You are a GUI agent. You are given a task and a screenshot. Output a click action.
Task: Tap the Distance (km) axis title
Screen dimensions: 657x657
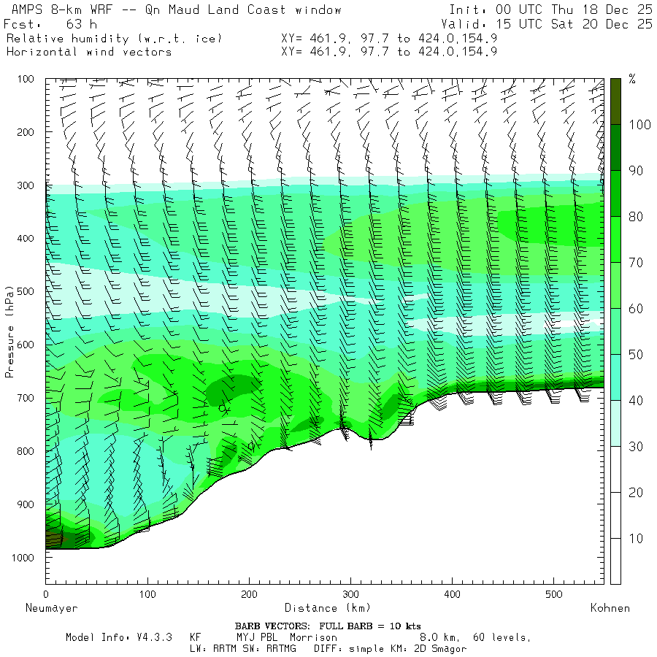[328, 607]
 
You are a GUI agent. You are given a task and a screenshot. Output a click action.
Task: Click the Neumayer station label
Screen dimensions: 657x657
[51, 607]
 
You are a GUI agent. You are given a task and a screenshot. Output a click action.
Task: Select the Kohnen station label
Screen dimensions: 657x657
[610, 607]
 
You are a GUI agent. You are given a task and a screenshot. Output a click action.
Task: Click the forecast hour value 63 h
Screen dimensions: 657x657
[76, 24]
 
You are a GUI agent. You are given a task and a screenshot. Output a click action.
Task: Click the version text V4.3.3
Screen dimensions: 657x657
[155, 637]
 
